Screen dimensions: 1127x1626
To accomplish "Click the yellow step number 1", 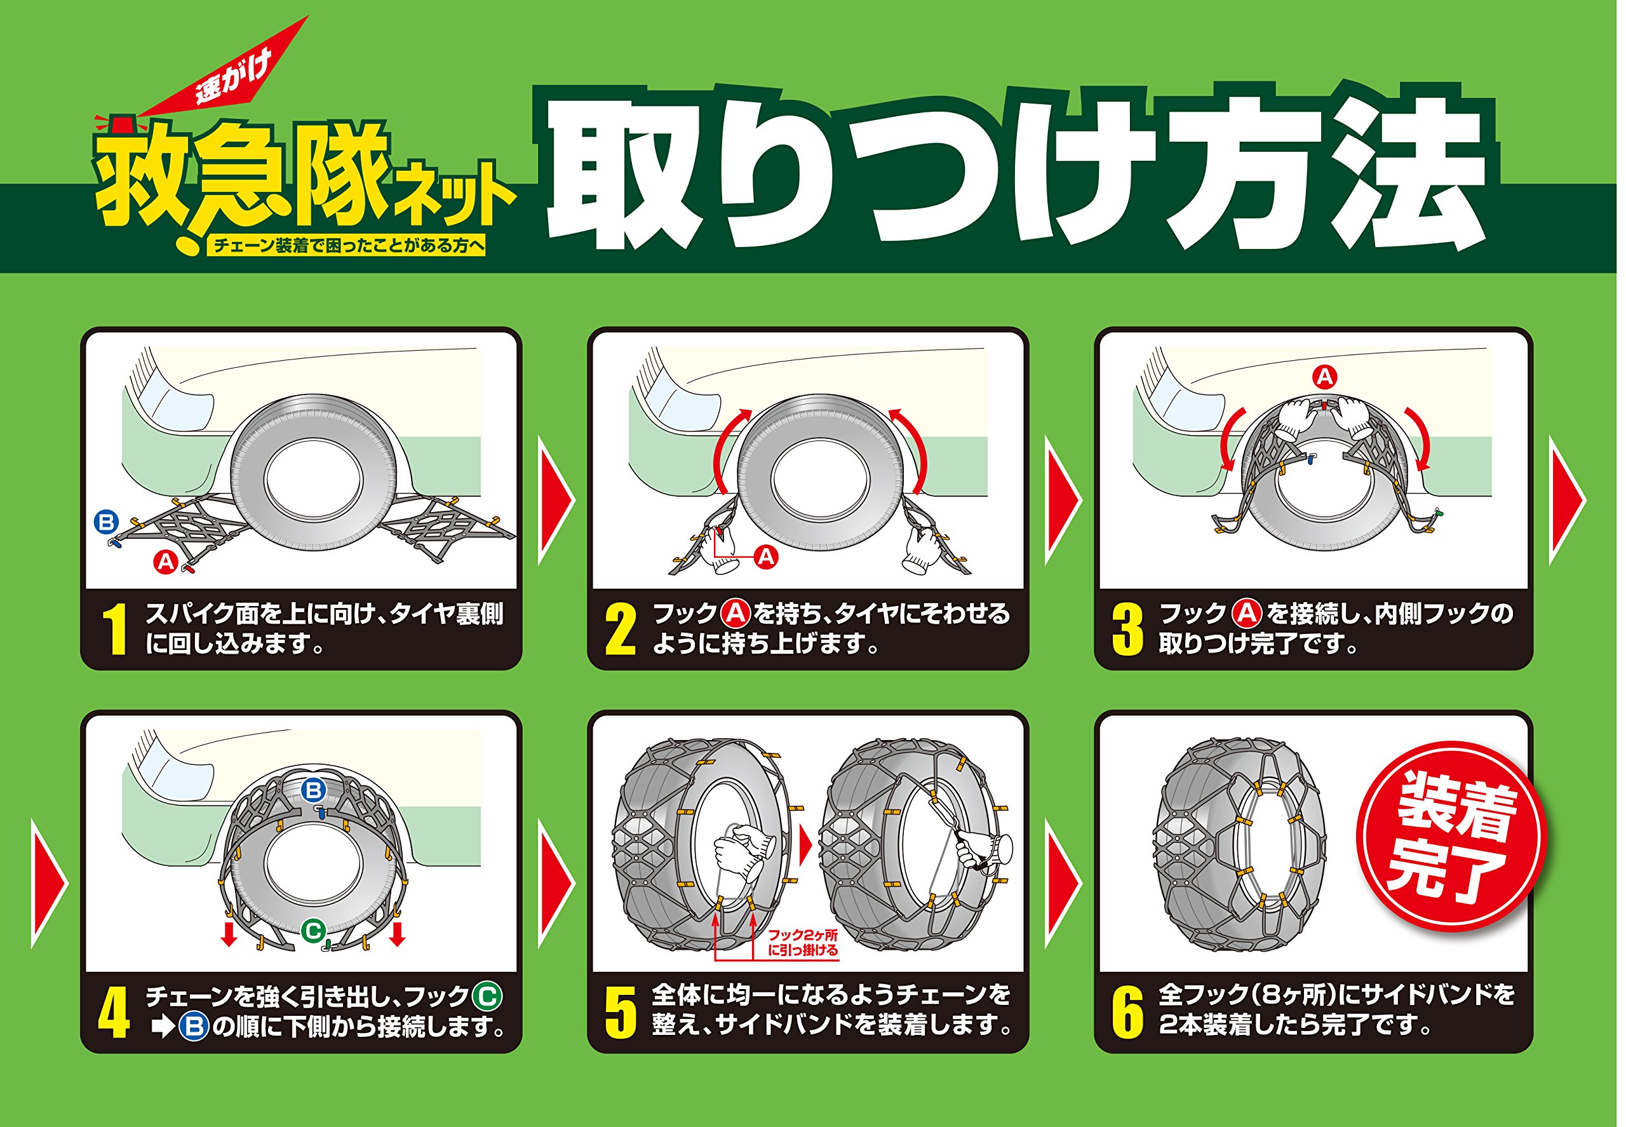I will [114, 629].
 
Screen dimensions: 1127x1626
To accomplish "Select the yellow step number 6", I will [1127, 1013].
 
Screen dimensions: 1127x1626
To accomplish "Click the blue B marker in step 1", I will [106, 523].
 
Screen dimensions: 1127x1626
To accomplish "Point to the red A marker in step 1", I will [165, 562].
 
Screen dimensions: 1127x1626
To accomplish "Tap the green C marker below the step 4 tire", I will [312, 930].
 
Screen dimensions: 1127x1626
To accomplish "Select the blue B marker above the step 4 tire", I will [312, 790].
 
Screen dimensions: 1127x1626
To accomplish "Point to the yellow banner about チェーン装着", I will [346, 245].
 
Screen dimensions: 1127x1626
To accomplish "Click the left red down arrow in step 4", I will [228, 933].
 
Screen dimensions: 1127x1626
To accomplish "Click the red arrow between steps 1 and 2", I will [556, 500].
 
